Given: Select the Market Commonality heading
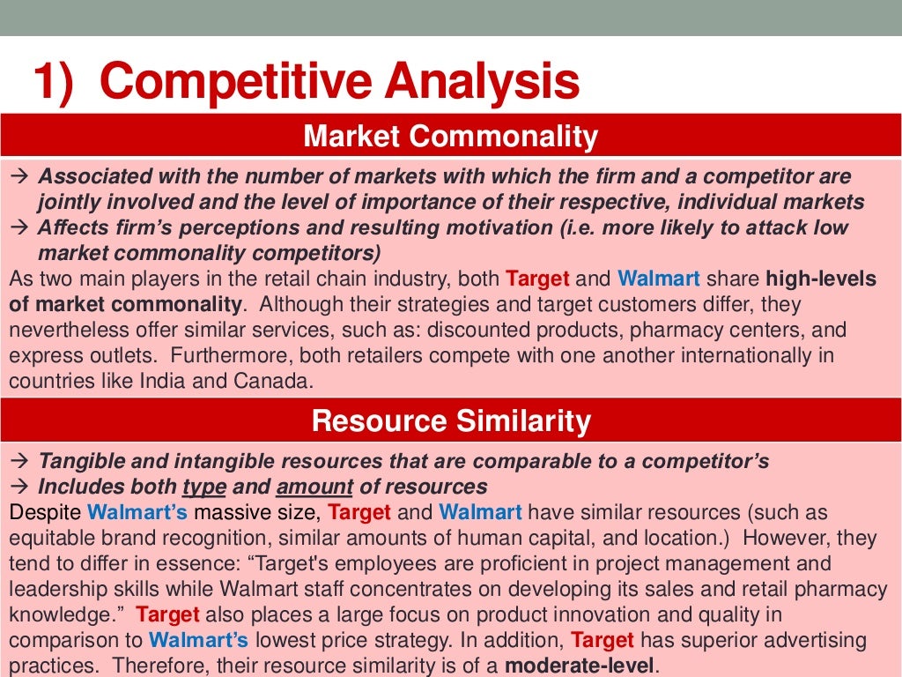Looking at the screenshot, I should pyautogui.click(x=450, y=137).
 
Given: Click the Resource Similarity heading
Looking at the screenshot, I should pyautogui.click(x=450, y=421).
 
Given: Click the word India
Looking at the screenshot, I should pyautogui.click(x=195, y=383).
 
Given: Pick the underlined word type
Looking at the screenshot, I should pyautogui.click(x=204, y=487).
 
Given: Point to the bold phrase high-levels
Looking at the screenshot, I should pyautogui.click(x=821, y=279).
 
